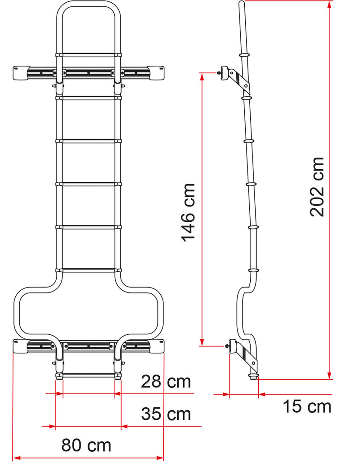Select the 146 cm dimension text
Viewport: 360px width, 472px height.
189,212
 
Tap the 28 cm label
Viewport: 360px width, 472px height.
166,382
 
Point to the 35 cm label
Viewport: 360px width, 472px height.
166,413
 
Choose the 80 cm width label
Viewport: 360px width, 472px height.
86,445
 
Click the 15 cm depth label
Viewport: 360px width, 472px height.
307,406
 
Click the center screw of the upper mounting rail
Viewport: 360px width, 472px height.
89,72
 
